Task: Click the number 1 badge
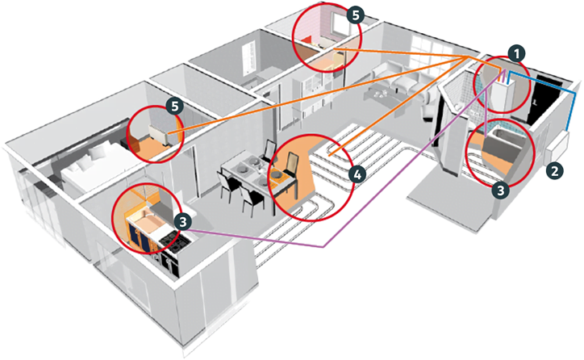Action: point(516,54)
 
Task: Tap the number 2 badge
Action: point(555,171)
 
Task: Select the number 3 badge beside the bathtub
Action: point(501,190)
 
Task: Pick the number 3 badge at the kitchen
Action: point(182,222)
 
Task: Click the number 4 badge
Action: point(357,174)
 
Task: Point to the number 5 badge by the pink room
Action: point(355,15)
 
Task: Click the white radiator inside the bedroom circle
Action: point(161,134)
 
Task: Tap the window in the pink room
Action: point(340,27)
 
